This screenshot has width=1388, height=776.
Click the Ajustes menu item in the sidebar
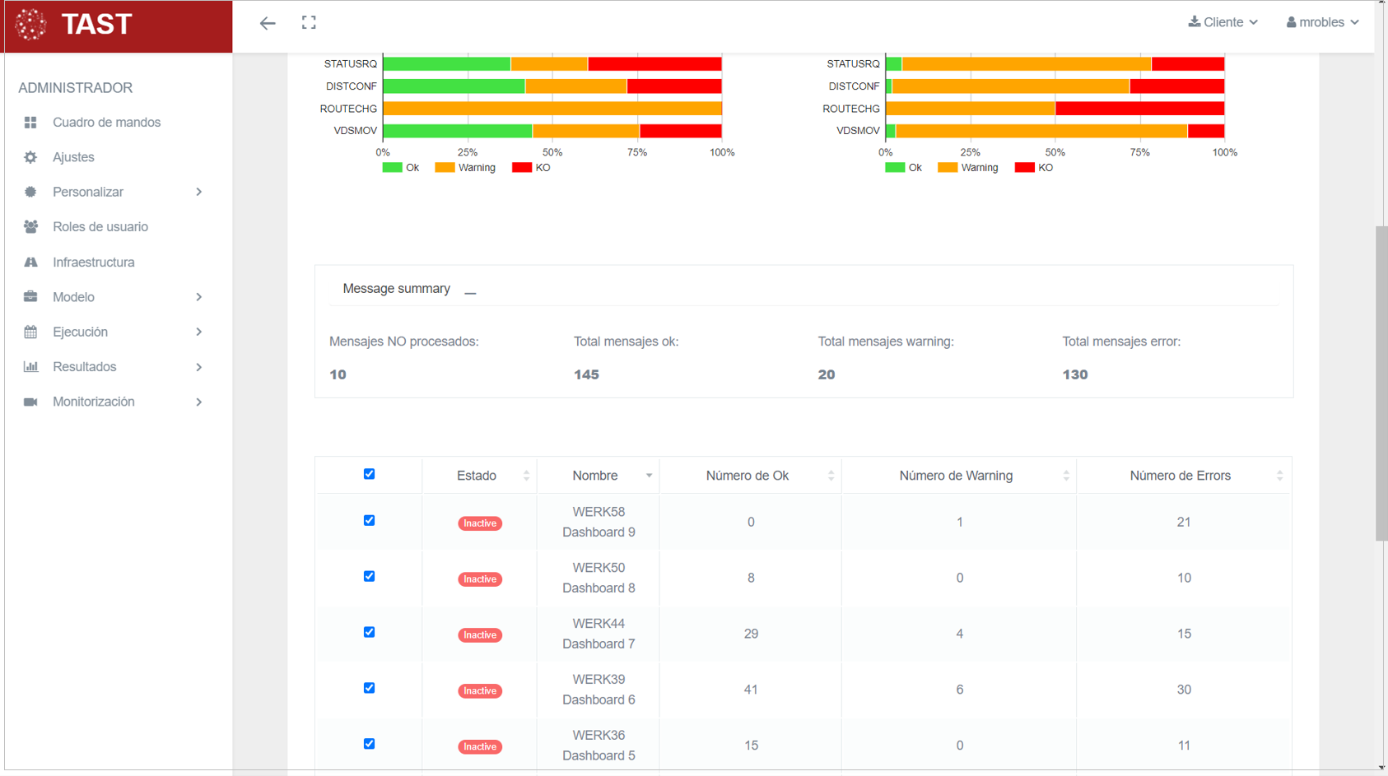73,157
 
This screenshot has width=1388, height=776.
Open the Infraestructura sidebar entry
93,263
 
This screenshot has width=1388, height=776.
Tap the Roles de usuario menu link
100,227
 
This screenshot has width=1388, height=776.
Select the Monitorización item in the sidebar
93,402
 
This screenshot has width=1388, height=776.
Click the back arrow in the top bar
268,23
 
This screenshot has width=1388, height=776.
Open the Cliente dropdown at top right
1223,22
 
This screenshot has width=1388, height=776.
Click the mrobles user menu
1322,22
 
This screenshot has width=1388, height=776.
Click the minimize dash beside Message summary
470,291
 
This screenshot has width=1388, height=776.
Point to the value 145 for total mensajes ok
586,374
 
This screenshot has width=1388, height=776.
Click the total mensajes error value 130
1074,374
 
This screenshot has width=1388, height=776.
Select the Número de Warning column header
956,476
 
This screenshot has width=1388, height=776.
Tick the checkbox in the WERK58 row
370,521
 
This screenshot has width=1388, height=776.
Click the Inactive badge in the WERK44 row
480,635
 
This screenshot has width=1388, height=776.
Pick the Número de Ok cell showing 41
751,690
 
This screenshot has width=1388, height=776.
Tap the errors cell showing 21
1183,522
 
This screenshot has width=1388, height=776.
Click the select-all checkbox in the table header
370,474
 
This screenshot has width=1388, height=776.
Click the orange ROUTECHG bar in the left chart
552,109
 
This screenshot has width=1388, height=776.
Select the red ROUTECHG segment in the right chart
1139,109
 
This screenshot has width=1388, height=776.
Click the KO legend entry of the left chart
531,168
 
